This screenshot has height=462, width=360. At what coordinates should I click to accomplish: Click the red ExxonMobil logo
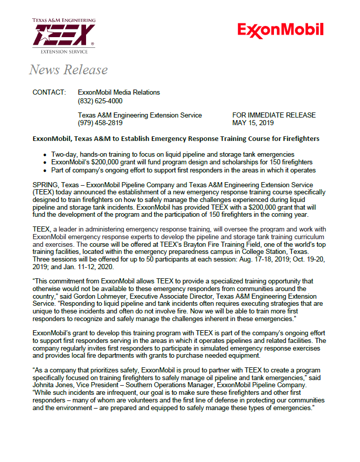[x=281, y=30]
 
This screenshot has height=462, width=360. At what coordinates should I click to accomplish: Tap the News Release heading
[x=68, y=70]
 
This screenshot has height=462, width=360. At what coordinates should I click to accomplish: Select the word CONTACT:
[x=49, y=93]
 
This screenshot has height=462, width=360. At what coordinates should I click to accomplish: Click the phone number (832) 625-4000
[x=100, y=101]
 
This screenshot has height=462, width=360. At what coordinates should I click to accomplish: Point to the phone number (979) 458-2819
[x=100, y=123]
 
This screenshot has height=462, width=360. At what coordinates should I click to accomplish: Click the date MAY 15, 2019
[x=253, y=123]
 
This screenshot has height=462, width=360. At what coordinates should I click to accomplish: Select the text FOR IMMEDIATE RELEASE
[x=273, y=115]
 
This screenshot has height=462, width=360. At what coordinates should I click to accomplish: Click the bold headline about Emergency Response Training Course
[x=176, y=138]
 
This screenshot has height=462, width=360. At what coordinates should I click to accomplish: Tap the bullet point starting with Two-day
[x=173, y=154]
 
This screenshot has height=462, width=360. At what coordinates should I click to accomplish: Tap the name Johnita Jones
[x=53, y=385]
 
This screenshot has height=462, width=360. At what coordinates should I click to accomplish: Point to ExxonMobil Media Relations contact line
[x=119, y=93]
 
